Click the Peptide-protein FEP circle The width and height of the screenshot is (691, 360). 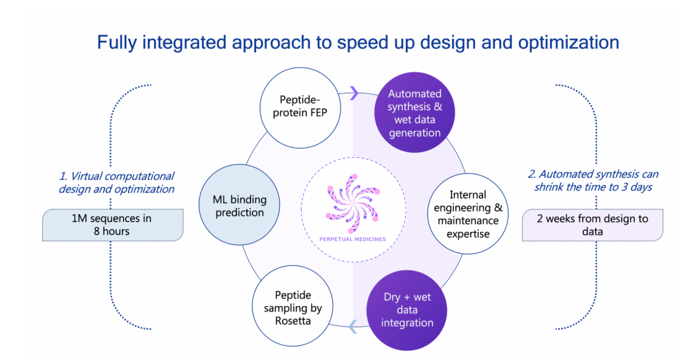(x=300, y=108)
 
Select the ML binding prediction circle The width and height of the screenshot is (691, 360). (x=239, y=205)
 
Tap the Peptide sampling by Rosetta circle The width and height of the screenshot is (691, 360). (x=293, y=306)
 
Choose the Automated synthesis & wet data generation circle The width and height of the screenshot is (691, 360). (x=414, y=113)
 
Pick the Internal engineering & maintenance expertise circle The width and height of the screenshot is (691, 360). (x=468, y=213)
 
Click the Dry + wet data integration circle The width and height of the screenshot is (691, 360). (x=407, y=311)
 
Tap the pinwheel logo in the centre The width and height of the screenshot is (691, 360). (x=353, y=203)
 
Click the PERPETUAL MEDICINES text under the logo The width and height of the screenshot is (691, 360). (x=353, y=239)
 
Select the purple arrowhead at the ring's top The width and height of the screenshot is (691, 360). (x=354, y=93)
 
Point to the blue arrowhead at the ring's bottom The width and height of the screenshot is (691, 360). (x=352, y=327)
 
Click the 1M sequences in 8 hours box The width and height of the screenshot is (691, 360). (x=113, y=225)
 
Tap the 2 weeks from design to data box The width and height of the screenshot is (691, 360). (x=592, y=225)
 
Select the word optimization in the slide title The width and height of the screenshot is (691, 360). (x=569, y=43)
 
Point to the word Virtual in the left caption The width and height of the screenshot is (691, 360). (x=87, y=176)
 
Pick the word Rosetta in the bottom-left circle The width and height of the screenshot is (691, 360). (x=293, y=321)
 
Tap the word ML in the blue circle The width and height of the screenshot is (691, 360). (x=220, y=200)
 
